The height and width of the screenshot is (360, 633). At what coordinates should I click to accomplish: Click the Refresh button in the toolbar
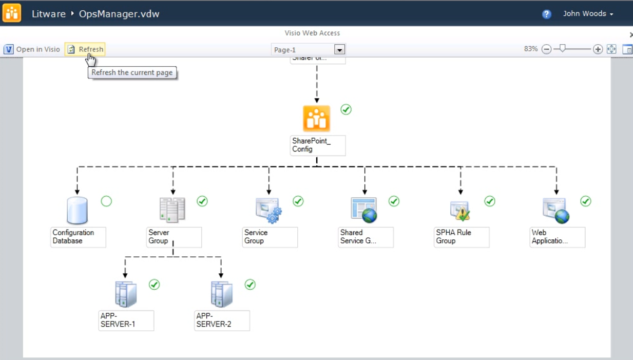(x=85, y=49)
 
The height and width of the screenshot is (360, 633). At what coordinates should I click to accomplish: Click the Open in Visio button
(x=32, y=49)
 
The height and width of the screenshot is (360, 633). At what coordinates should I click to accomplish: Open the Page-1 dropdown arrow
(x=339, y=50)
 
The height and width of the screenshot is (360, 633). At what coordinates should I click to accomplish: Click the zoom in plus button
(x=598, y=49)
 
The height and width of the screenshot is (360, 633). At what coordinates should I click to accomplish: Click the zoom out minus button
(x=547, y=49)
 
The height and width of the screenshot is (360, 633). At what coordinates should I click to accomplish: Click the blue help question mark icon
(x=547, y=14)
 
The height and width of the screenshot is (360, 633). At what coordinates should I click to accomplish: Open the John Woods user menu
(x=588, y=14)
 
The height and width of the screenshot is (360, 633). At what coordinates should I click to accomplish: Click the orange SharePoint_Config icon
(x=316, y=119)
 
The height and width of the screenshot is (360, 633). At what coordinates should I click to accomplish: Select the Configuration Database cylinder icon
(x=77, y=211)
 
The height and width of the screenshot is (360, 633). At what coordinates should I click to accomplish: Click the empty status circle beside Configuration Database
(x=106, y=201)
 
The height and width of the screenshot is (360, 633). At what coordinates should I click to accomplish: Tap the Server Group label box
(x=174, y=237)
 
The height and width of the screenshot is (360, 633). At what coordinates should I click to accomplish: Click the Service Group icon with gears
(x=268, y=211)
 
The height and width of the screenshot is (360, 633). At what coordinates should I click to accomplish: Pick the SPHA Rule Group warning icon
(x=460, y=211)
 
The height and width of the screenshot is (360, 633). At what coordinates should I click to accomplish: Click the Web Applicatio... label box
(x=558, y=237)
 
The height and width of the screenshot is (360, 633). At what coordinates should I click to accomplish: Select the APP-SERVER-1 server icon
(x=126, y=294)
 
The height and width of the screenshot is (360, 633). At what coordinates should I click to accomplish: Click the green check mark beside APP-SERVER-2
(x=250, y=285)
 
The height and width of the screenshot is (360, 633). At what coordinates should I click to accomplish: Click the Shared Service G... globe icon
(x=364, y=211)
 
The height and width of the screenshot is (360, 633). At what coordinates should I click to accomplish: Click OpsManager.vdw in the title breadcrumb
(x=119, y=14)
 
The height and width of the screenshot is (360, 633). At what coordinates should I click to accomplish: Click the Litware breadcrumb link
(x=48, y=14)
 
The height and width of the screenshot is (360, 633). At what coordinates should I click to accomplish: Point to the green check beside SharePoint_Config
(x=346, y=109)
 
